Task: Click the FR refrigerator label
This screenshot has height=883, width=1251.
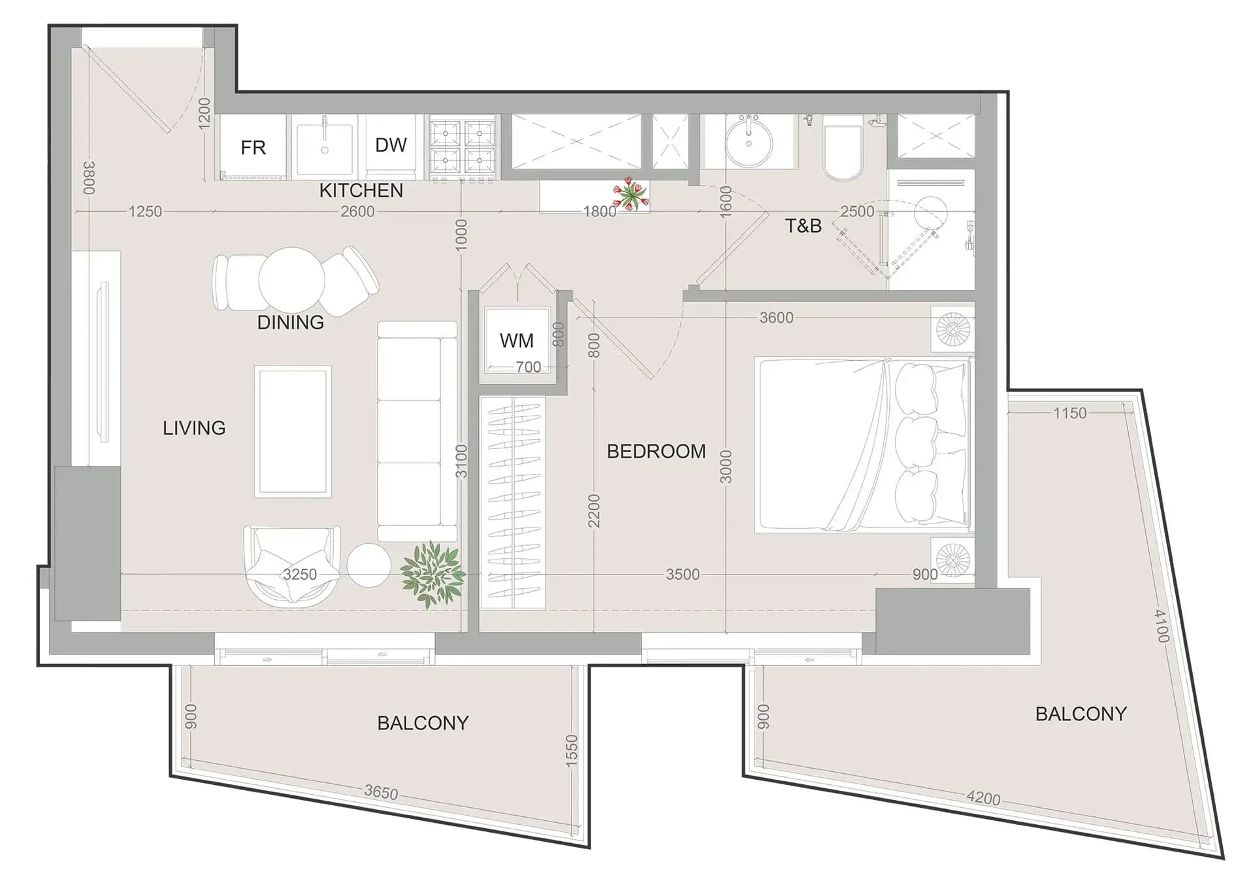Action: point(253,148)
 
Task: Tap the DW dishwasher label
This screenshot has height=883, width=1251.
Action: point(391,145)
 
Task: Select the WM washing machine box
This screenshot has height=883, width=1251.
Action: point(517,341)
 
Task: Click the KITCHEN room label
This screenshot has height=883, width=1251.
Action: point(361,190)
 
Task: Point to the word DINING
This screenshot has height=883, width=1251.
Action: point(291,322)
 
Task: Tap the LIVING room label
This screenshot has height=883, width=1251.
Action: point(194,428)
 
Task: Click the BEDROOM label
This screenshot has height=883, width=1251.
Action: point(657,452)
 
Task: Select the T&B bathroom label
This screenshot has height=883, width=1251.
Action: point(803,226)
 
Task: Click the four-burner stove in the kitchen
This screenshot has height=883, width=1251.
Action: point(463,147)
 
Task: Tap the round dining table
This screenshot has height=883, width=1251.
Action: point(291,280)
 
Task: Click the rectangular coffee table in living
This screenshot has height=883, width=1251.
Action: point(293,431)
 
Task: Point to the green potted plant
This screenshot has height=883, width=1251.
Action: point(432,574)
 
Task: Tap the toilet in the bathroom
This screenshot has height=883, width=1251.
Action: point(843,148)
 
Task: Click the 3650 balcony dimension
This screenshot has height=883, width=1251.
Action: point(381,793)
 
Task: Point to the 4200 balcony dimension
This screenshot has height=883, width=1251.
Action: point(983,798)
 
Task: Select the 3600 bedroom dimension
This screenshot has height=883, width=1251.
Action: point(776,318)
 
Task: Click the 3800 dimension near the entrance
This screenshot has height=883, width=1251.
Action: point(89,178)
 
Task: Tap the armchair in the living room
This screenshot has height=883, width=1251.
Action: point(292,566)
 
